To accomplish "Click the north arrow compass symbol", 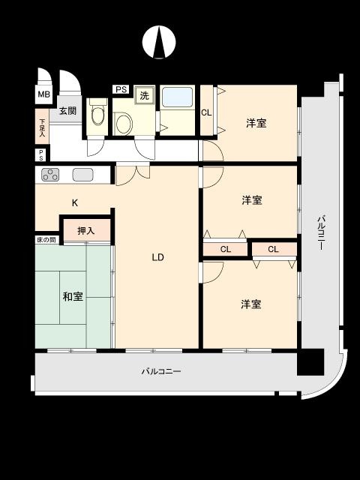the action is [x=159, y=42].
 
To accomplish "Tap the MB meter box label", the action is [x=43, y=94].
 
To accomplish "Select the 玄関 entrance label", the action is [x=67, y=110].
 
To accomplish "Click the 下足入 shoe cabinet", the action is [x=42, y=127].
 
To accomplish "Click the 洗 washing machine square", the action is [x=144, y=95].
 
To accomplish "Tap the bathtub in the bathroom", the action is [x=178, y=97].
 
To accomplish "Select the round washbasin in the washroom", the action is [x=124, y=123].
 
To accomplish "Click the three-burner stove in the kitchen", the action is [x=50, y=175].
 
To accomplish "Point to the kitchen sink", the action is [x=82, y=175].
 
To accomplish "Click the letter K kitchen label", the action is [x=75, y=202].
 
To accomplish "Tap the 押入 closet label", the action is [x=86, y=230].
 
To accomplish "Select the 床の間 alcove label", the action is [x=46, y=240].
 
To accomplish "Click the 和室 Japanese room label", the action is [x=73, y=296].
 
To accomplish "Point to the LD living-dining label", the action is [x=158, y=257].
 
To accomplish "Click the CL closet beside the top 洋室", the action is [x=207, y=112].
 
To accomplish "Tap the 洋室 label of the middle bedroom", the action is [x=252, y=200].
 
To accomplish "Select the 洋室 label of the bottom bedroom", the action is [x=251, y=304].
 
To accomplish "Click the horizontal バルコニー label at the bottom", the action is [x=161, y=372].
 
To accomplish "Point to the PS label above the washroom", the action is [x=121, y=90].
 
